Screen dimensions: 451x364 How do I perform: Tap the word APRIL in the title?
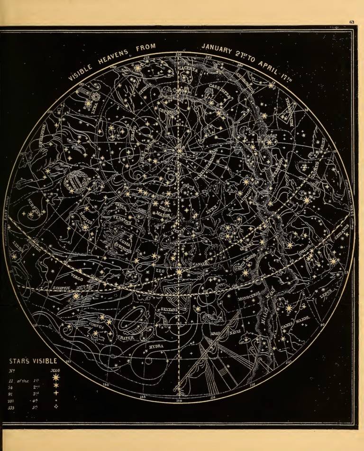[273, 67]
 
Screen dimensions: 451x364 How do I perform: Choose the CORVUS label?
[97, 326]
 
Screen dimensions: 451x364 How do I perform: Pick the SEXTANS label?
[169, 310]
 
